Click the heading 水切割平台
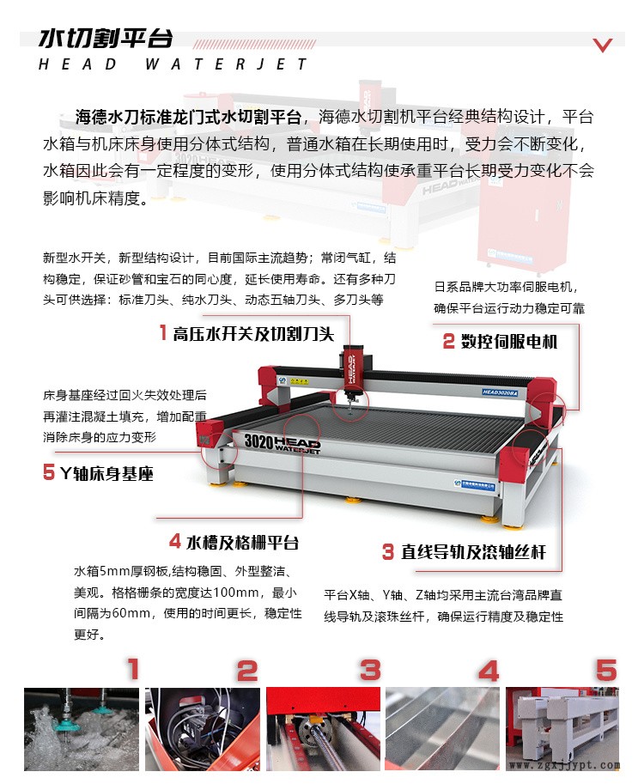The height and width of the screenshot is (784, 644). [x=106, y=39]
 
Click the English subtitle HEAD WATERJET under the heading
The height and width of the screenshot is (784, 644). [x=173, y=64]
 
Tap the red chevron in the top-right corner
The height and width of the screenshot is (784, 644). [x=603, y=45]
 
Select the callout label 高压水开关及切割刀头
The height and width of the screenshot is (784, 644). [x=247, y=333]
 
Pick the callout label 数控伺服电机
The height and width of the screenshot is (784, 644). [x=500, y=342]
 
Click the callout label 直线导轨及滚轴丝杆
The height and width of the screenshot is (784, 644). [x=464, y=552]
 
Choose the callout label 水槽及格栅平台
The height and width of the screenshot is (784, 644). [x=234, y=542]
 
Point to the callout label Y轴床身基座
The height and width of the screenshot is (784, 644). [x=98, y=473]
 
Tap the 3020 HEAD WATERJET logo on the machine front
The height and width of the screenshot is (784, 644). [x=283, y=443]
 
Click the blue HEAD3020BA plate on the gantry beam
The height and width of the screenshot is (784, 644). [x=500, y=392]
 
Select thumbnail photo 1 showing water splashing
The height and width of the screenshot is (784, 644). [x=82, y=729]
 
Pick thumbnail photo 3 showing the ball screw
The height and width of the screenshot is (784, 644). [x=323, y=729]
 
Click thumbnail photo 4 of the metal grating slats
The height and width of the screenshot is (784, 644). [x=442, y=729]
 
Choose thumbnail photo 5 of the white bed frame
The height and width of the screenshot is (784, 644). [x=562, y=729]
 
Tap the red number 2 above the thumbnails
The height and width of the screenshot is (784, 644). [x=247, y=671]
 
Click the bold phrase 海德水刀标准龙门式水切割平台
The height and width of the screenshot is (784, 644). [x=188, y=118]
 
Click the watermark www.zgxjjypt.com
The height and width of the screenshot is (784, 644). [x=564, y=765]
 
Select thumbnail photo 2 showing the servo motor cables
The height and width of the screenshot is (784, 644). [x=203, y=729]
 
